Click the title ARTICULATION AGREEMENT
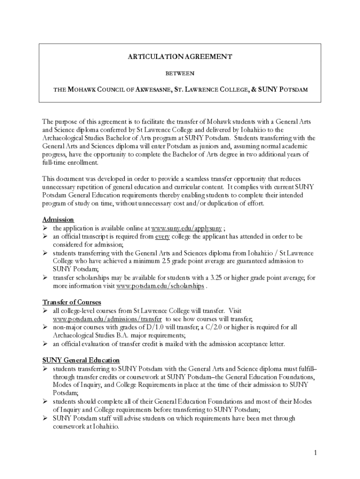[x=180, y=57]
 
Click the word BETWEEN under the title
[x=180, y=73]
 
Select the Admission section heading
[x=58, y=220]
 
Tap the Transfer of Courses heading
[x=72, y=303]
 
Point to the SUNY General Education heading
[x=81, y=360]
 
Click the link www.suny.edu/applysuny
[x=187, y=228]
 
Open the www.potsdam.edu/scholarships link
[x=160, y=286]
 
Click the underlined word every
[x=162, y=237]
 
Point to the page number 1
[x=316, y=452]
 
